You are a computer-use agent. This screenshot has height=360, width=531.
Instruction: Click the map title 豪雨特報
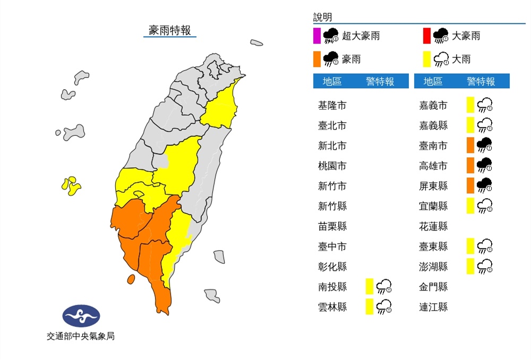click(x=170, y=30)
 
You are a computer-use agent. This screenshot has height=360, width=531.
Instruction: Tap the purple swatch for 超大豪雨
click(x=316, y=36)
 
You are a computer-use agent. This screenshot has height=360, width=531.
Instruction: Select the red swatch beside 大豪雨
click(x=426, y=36)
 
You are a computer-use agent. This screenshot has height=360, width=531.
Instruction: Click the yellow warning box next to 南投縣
click(x=369, y=287)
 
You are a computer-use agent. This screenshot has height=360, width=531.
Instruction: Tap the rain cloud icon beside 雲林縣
click(x=383, y=307)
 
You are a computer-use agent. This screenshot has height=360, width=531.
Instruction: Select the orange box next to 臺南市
click(x=470, y=145)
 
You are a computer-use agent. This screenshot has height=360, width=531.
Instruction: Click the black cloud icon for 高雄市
click(x=484, y=166)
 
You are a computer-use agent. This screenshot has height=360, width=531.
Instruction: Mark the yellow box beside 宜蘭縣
click(x=470, y=206)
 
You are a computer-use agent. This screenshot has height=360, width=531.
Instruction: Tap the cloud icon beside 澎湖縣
click(x=484, y=267)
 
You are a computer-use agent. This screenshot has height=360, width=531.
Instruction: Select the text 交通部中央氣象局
click(x=81, y=336)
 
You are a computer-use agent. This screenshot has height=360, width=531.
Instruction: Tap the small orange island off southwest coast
click(x=130, y=279)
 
